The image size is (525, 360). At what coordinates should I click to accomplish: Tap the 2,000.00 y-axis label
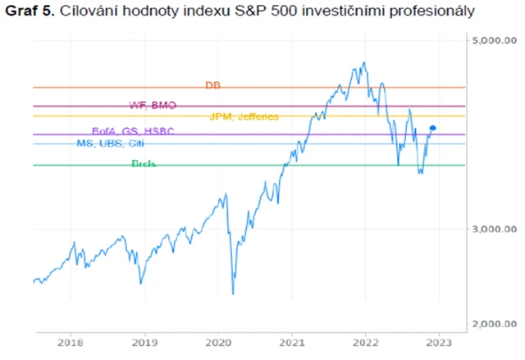496,323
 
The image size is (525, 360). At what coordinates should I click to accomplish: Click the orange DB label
213,85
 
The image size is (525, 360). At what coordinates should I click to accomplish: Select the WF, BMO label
153,105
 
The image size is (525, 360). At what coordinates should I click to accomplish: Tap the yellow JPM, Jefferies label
244,116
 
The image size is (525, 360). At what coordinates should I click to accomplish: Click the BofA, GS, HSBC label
133,132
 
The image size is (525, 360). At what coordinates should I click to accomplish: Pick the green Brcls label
144,164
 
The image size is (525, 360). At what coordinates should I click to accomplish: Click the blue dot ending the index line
433,128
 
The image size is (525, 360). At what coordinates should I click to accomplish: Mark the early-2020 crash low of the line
233,294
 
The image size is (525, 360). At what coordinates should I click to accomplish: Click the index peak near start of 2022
363,62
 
